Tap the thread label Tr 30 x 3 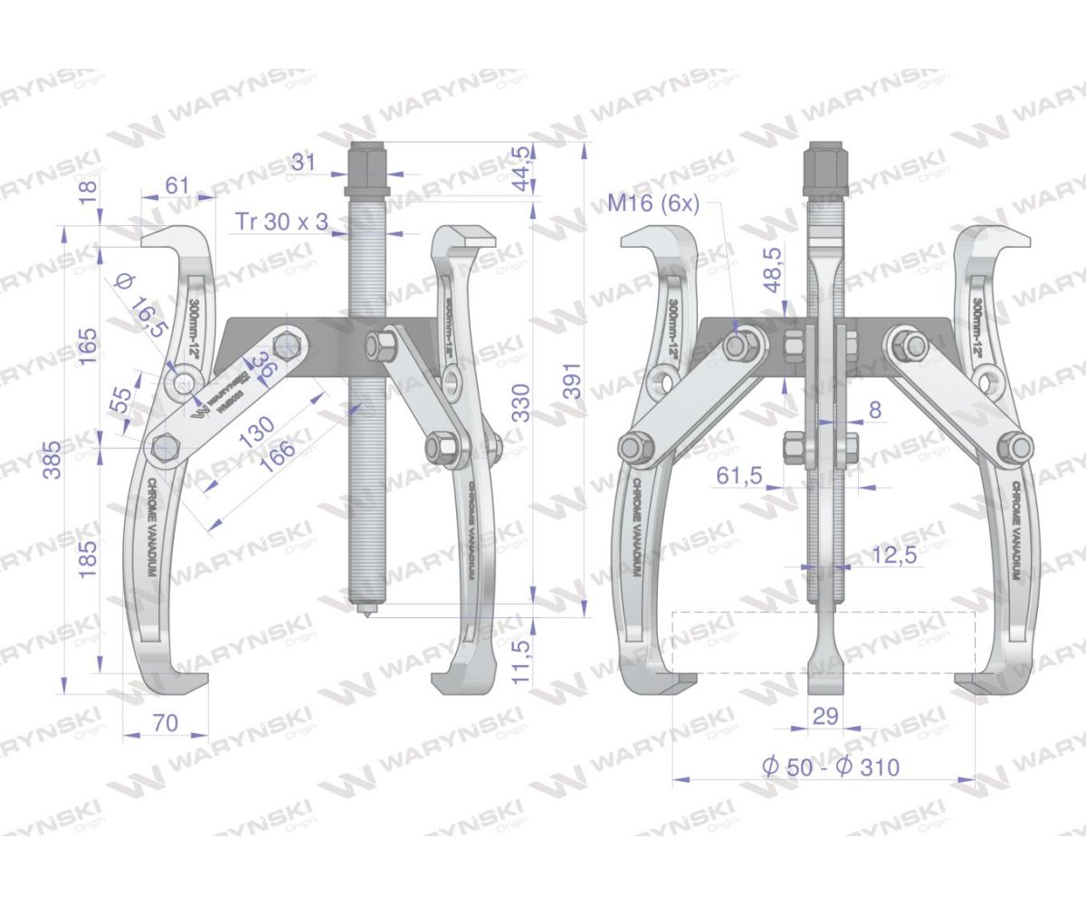coord(281,221)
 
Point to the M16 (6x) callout coord(653,203)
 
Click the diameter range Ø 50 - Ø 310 coord(830,767)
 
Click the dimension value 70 coord(165,723)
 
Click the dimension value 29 coord(825,717)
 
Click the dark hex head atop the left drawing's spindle coord(367,162)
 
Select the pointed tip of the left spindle coord(367,615)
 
